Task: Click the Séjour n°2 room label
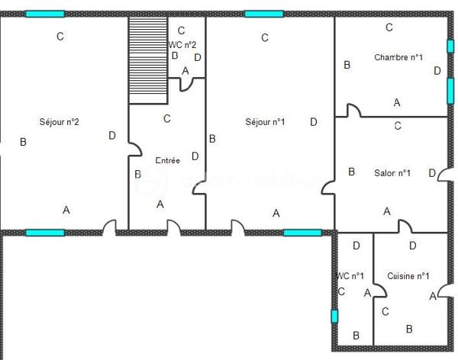[x=60, y=121]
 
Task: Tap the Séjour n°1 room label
[x=265, y=122]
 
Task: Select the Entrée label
[x=167, y=161]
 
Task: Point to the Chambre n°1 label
[x=398, y=57]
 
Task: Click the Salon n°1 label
[x=392, y=173]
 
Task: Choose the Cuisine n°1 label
[x=408, y=276]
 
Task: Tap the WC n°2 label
[x=182, y=45]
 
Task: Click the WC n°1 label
[x=350, y=275]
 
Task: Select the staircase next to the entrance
[x=147, y=60]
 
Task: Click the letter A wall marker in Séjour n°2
[x=66, y=210]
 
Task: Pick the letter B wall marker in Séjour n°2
[x=23, y=142]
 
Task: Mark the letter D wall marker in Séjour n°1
[x=314, y=122]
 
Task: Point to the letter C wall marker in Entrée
[x=167, y=119]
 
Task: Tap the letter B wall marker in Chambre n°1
[x=347, y=66]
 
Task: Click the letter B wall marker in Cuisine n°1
[x=409, y=329]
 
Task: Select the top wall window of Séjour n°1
[x=264, y=14]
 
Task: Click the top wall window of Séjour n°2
[x=45, y=14]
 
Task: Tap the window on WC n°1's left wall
[x=334, y=316]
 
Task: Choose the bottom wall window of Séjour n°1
[x=302, y=232]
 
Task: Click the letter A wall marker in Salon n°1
[x=387, y=211]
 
